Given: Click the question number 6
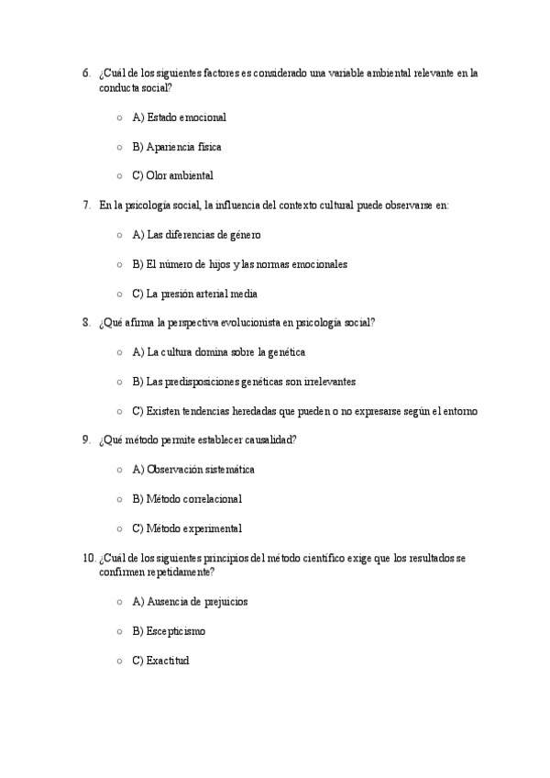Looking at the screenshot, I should click(x=85, y=73).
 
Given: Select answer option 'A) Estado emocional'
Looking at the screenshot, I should click(x=179, y=117).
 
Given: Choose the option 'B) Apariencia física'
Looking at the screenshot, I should click(x=176, y=147).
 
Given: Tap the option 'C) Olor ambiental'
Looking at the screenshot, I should click(x=172, y=176).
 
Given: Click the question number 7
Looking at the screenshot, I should click(x=85, y=206).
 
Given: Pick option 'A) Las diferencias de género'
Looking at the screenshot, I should click(x=196, y=235).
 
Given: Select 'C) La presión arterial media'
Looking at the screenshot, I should click(x=194, y=294).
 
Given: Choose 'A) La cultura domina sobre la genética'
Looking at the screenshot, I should click(x=218, y=352).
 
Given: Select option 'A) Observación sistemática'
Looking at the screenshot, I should click(x=192, y=470).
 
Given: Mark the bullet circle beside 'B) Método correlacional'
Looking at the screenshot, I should click(x=120, y=499).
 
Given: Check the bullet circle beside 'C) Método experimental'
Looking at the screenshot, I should click(x=120, y=528).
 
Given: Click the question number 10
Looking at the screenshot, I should click(x=88, y=558).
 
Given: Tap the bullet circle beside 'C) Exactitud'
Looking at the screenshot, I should click(x=120, y=661).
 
